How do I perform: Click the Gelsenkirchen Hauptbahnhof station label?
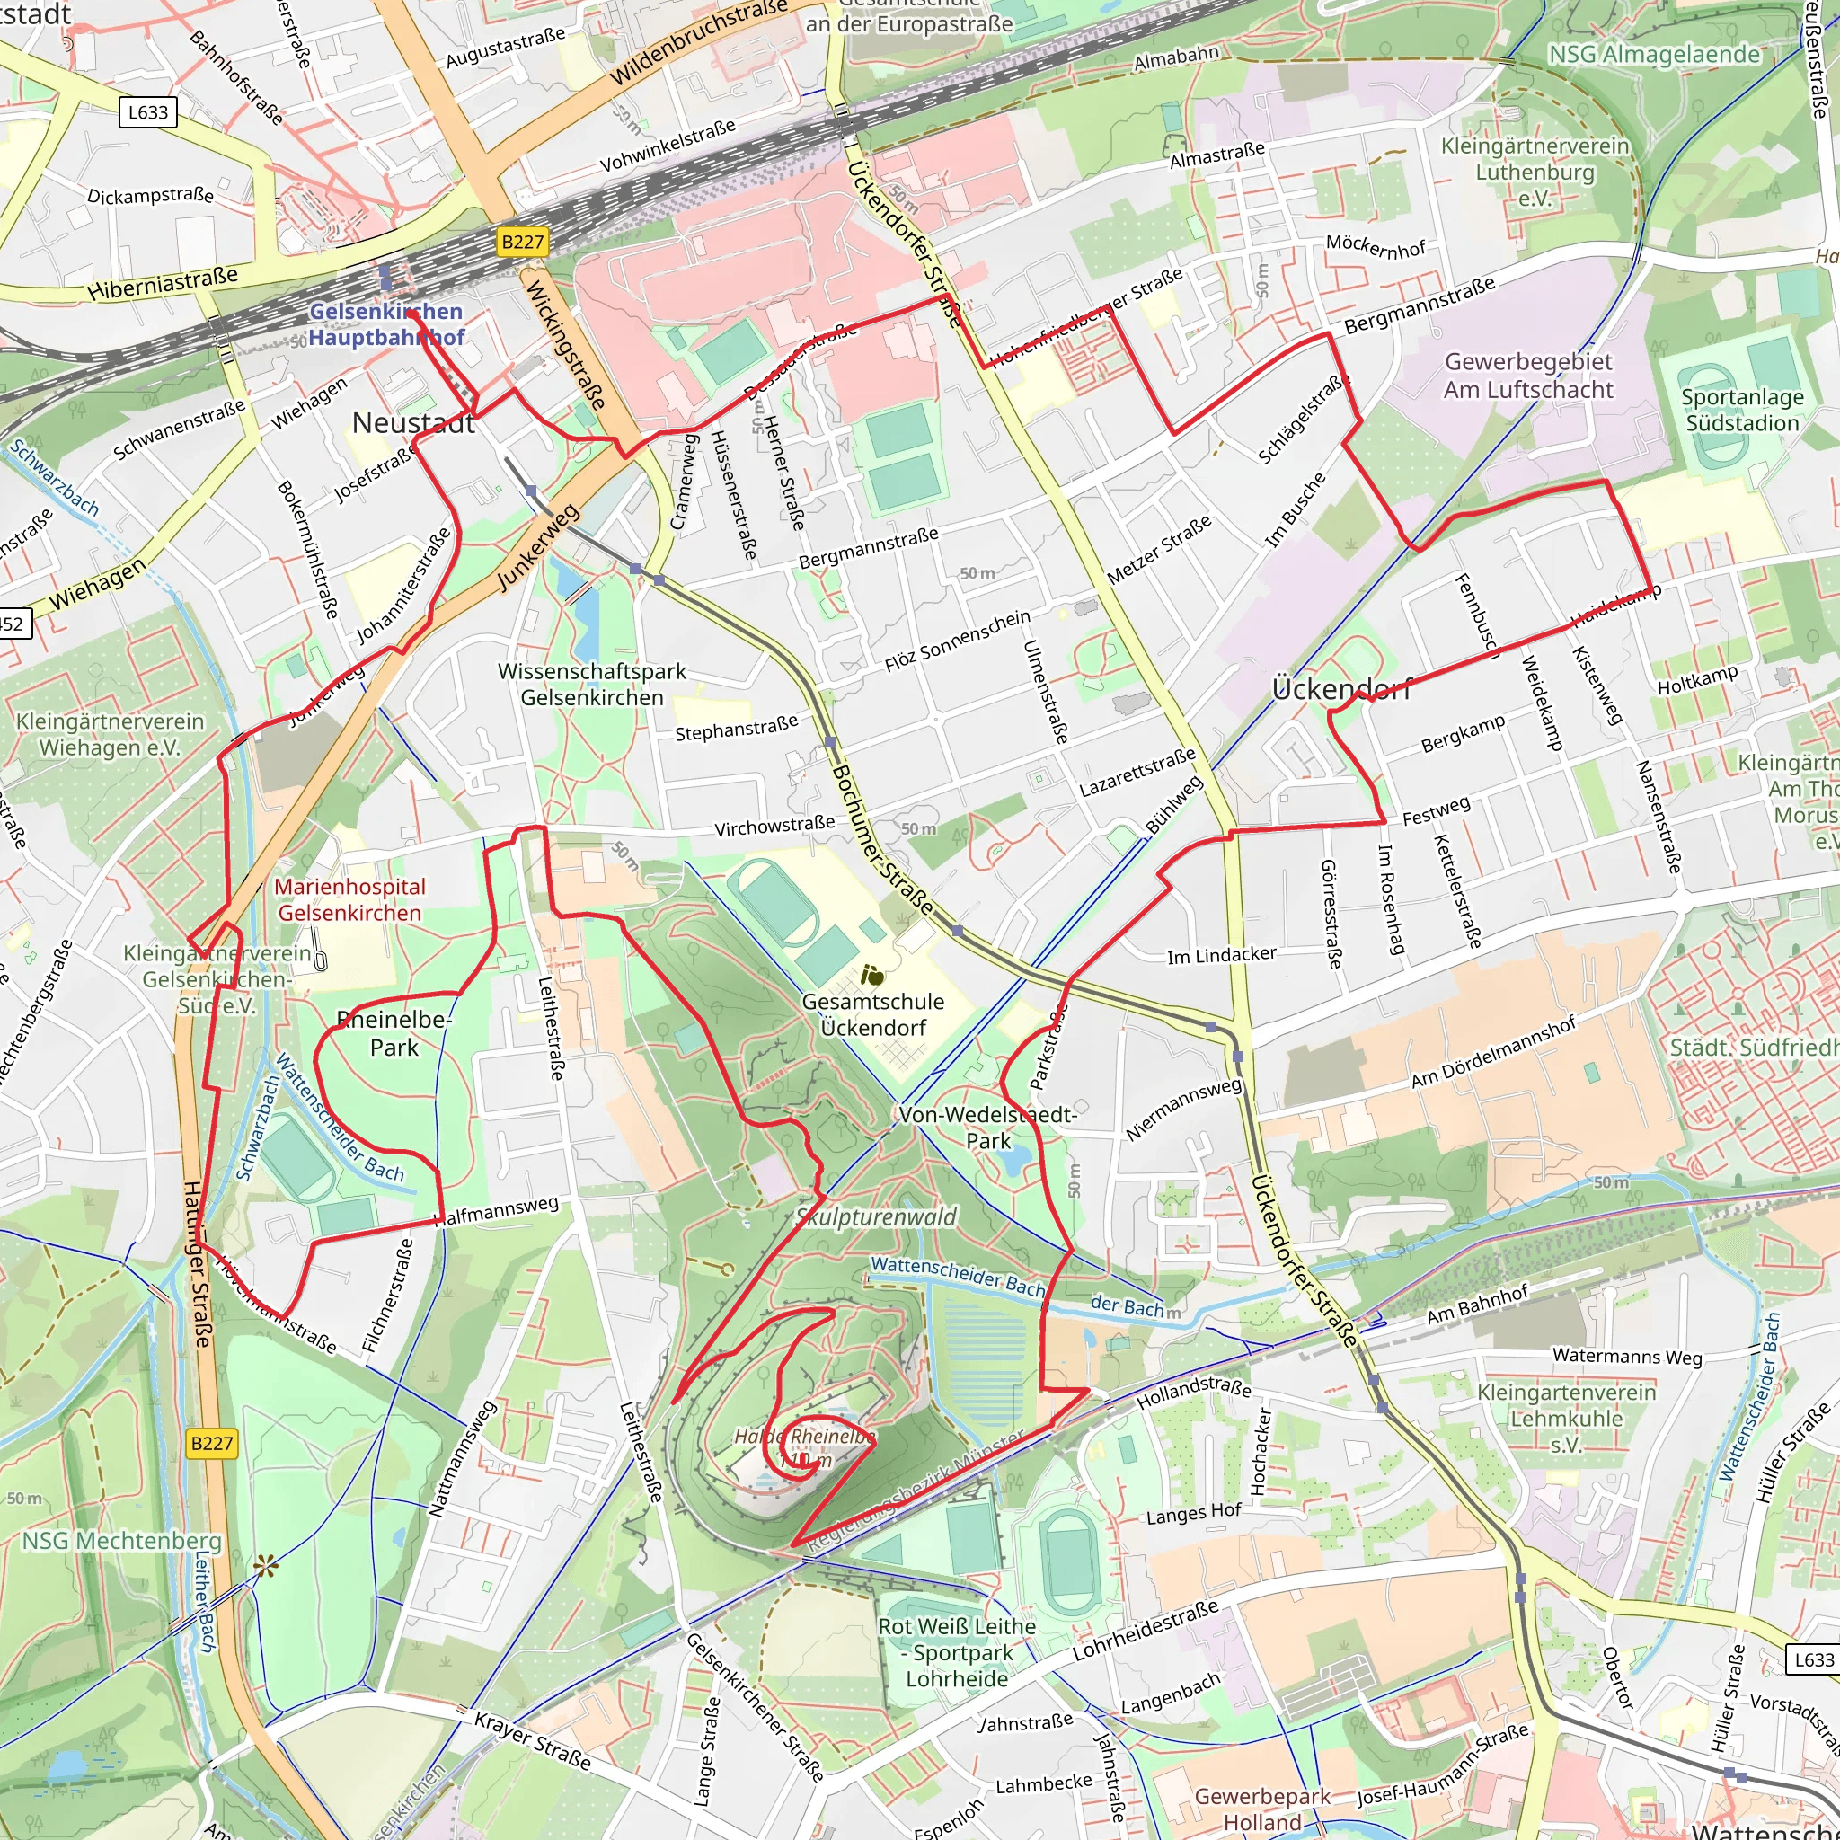385,324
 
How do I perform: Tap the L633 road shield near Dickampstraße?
148,112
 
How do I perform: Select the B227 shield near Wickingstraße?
522,242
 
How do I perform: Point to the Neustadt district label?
413,423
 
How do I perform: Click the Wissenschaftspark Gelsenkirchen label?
591,684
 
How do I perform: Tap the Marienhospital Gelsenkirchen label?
349,899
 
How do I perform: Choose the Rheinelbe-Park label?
394,1033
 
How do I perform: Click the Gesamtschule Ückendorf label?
872,1014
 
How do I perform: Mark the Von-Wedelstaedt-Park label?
987,1128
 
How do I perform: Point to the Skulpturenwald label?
876,1216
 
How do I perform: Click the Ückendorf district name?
1341,688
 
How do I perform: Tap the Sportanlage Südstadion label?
1742,410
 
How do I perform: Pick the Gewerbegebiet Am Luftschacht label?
1528,376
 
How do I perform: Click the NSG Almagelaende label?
1654,54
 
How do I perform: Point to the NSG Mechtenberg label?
121,1540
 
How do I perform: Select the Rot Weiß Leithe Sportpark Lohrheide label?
956,1652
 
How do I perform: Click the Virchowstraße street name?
774,826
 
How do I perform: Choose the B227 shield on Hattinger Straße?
211,1443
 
